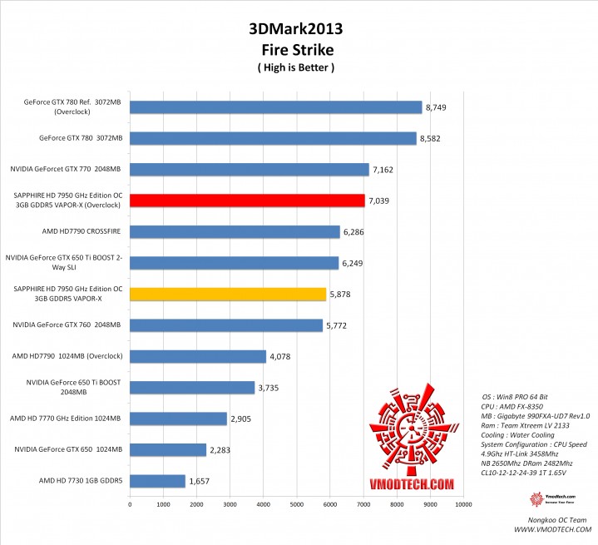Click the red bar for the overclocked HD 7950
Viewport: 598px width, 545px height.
[x=247, y=201]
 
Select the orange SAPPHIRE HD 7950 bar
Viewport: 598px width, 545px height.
[x=227, y=294]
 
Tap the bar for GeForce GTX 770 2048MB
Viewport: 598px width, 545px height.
[x=249, y=170]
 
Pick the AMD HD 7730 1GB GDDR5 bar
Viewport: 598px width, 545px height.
[x=157, y=481]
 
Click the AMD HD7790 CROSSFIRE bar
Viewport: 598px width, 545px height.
[x=235, y=231]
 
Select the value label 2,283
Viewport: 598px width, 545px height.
[x=221, y=450]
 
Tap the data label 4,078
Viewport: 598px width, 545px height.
[x=281, y=356]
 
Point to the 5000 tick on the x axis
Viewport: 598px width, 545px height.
[x=296, y=503]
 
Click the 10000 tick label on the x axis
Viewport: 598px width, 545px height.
[x=463, y=503]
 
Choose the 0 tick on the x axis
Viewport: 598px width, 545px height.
[x=130, y=503]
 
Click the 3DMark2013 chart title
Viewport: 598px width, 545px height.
[x=295, y=29]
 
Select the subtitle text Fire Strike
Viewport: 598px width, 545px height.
[x=296, y=49]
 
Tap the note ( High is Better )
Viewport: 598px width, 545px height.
[x=296, y=67]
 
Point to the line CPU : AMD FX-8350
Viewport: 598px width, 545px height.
[x=516, y=406]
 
